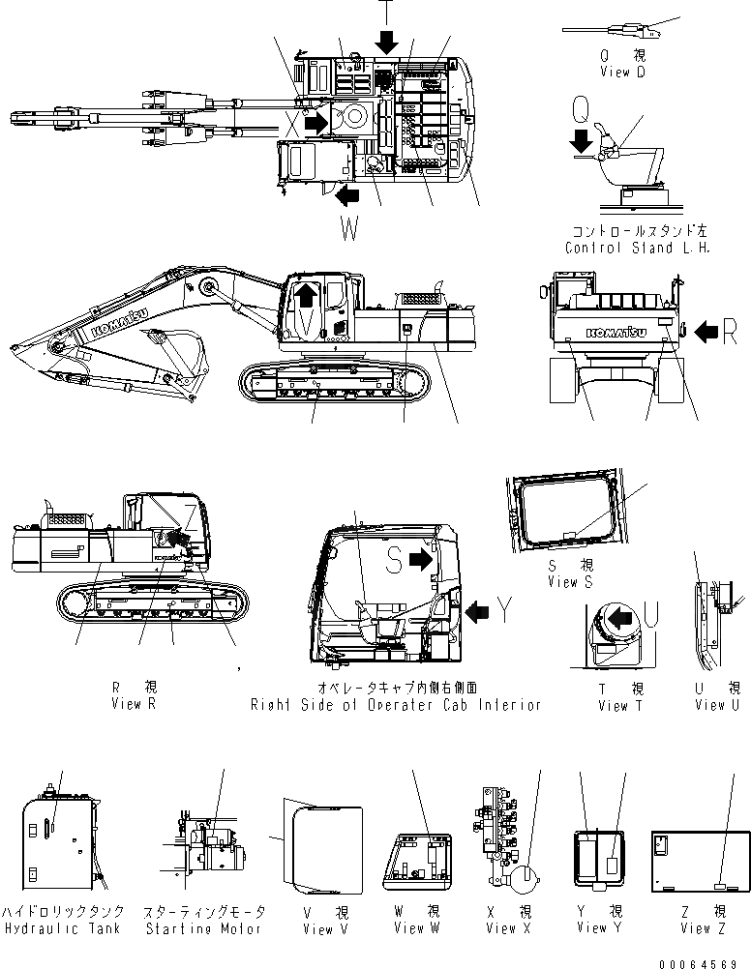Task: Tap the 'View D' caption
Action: (x=628, y=73)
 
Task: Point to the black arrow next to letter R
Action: (x=706, y=332)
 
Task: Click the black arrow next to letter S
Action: (x=419, y=559)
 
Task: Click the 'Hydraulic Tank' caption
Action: (x=61, y=929)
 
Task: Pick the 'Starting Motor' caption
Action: (x=203, y=929)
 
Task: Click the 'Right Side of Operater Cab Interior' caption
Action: (x=395, y=705)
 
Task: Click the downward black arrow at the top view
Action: (x=386, y=42)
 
